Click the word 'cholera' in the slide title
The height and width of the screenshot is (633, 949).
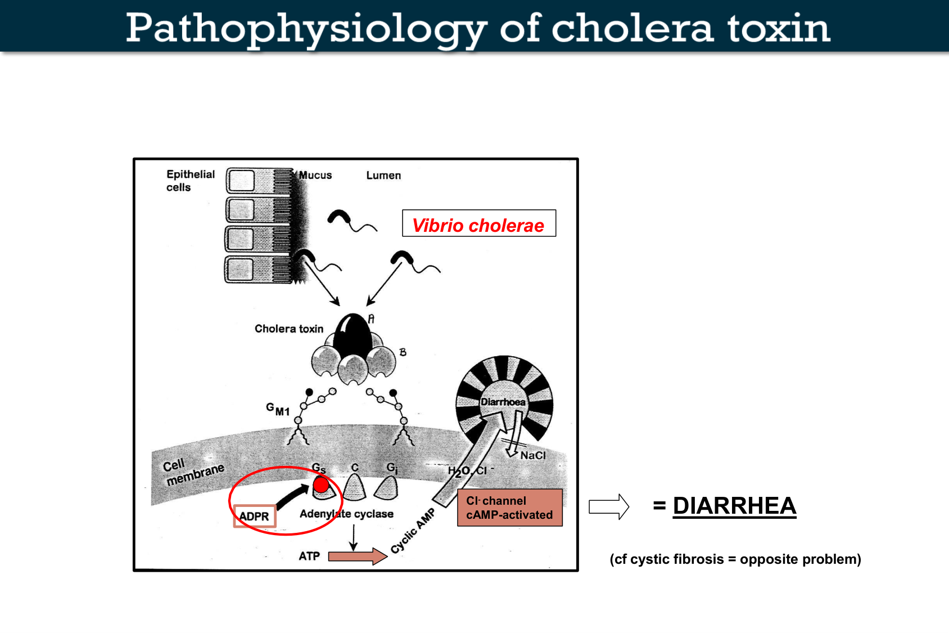tap(632, 28)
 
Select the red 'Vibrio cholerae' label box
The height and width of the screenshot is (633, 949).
tap(478, 224)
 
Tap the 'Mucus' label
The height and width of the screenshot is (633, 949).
tap(315, 176)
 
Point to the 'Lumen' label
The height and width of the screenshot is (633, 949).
tap(383, 176)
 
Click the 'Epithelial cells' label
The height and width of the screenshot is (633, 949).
tap(190, 181)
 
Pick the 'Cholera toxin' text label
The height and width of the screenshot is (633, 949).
tap(289, 329)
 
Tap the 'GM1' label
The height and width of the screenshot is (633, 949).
tap(278, 409)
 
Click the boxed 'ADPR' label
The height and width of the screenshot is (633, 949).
tap(254, 516)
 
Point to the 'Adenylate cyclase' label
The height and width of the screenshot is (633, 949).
tap(346, 514)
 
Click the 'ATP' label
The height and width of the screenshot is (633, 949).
tap(309, 556)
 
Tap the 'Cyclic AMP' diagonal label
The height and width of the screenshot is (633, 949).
tap(413, 531)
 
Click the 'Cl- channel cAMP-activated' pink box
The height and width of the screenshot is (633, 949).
tap(509, 508)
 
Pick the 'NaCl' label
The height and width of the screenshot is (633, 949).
tap(532, 455)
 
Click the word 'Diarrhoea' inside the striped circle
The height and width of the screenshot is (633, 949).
tap(503, 402)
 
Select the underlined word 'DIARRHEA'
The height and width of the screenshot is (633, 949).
tap(734, 506)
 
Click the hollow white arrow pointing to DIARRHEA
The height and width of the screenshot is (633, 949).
tap(608, 506)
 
